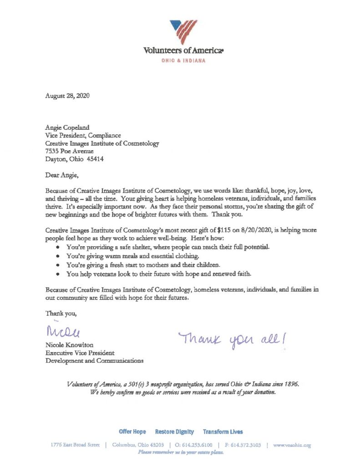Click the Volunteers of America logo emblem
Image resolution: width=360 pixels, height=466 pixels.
click(184, 31)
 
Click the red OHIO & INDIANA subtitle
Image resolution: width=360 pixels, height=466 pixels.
click(184, 61)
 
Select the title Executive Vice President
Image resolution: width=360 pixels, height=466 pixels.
click(79, 353)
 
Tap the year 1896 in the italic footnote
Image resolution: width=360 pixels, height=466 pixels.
click(289, 384)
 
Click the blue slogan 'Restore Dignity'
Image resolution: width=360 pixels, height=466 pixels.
click(174, 431)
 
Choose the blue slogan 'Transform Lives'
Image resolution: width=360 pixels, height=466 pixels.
click(223, 431)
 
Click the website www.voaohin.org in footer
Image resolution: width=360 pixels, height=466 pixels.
click(292, 446)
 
